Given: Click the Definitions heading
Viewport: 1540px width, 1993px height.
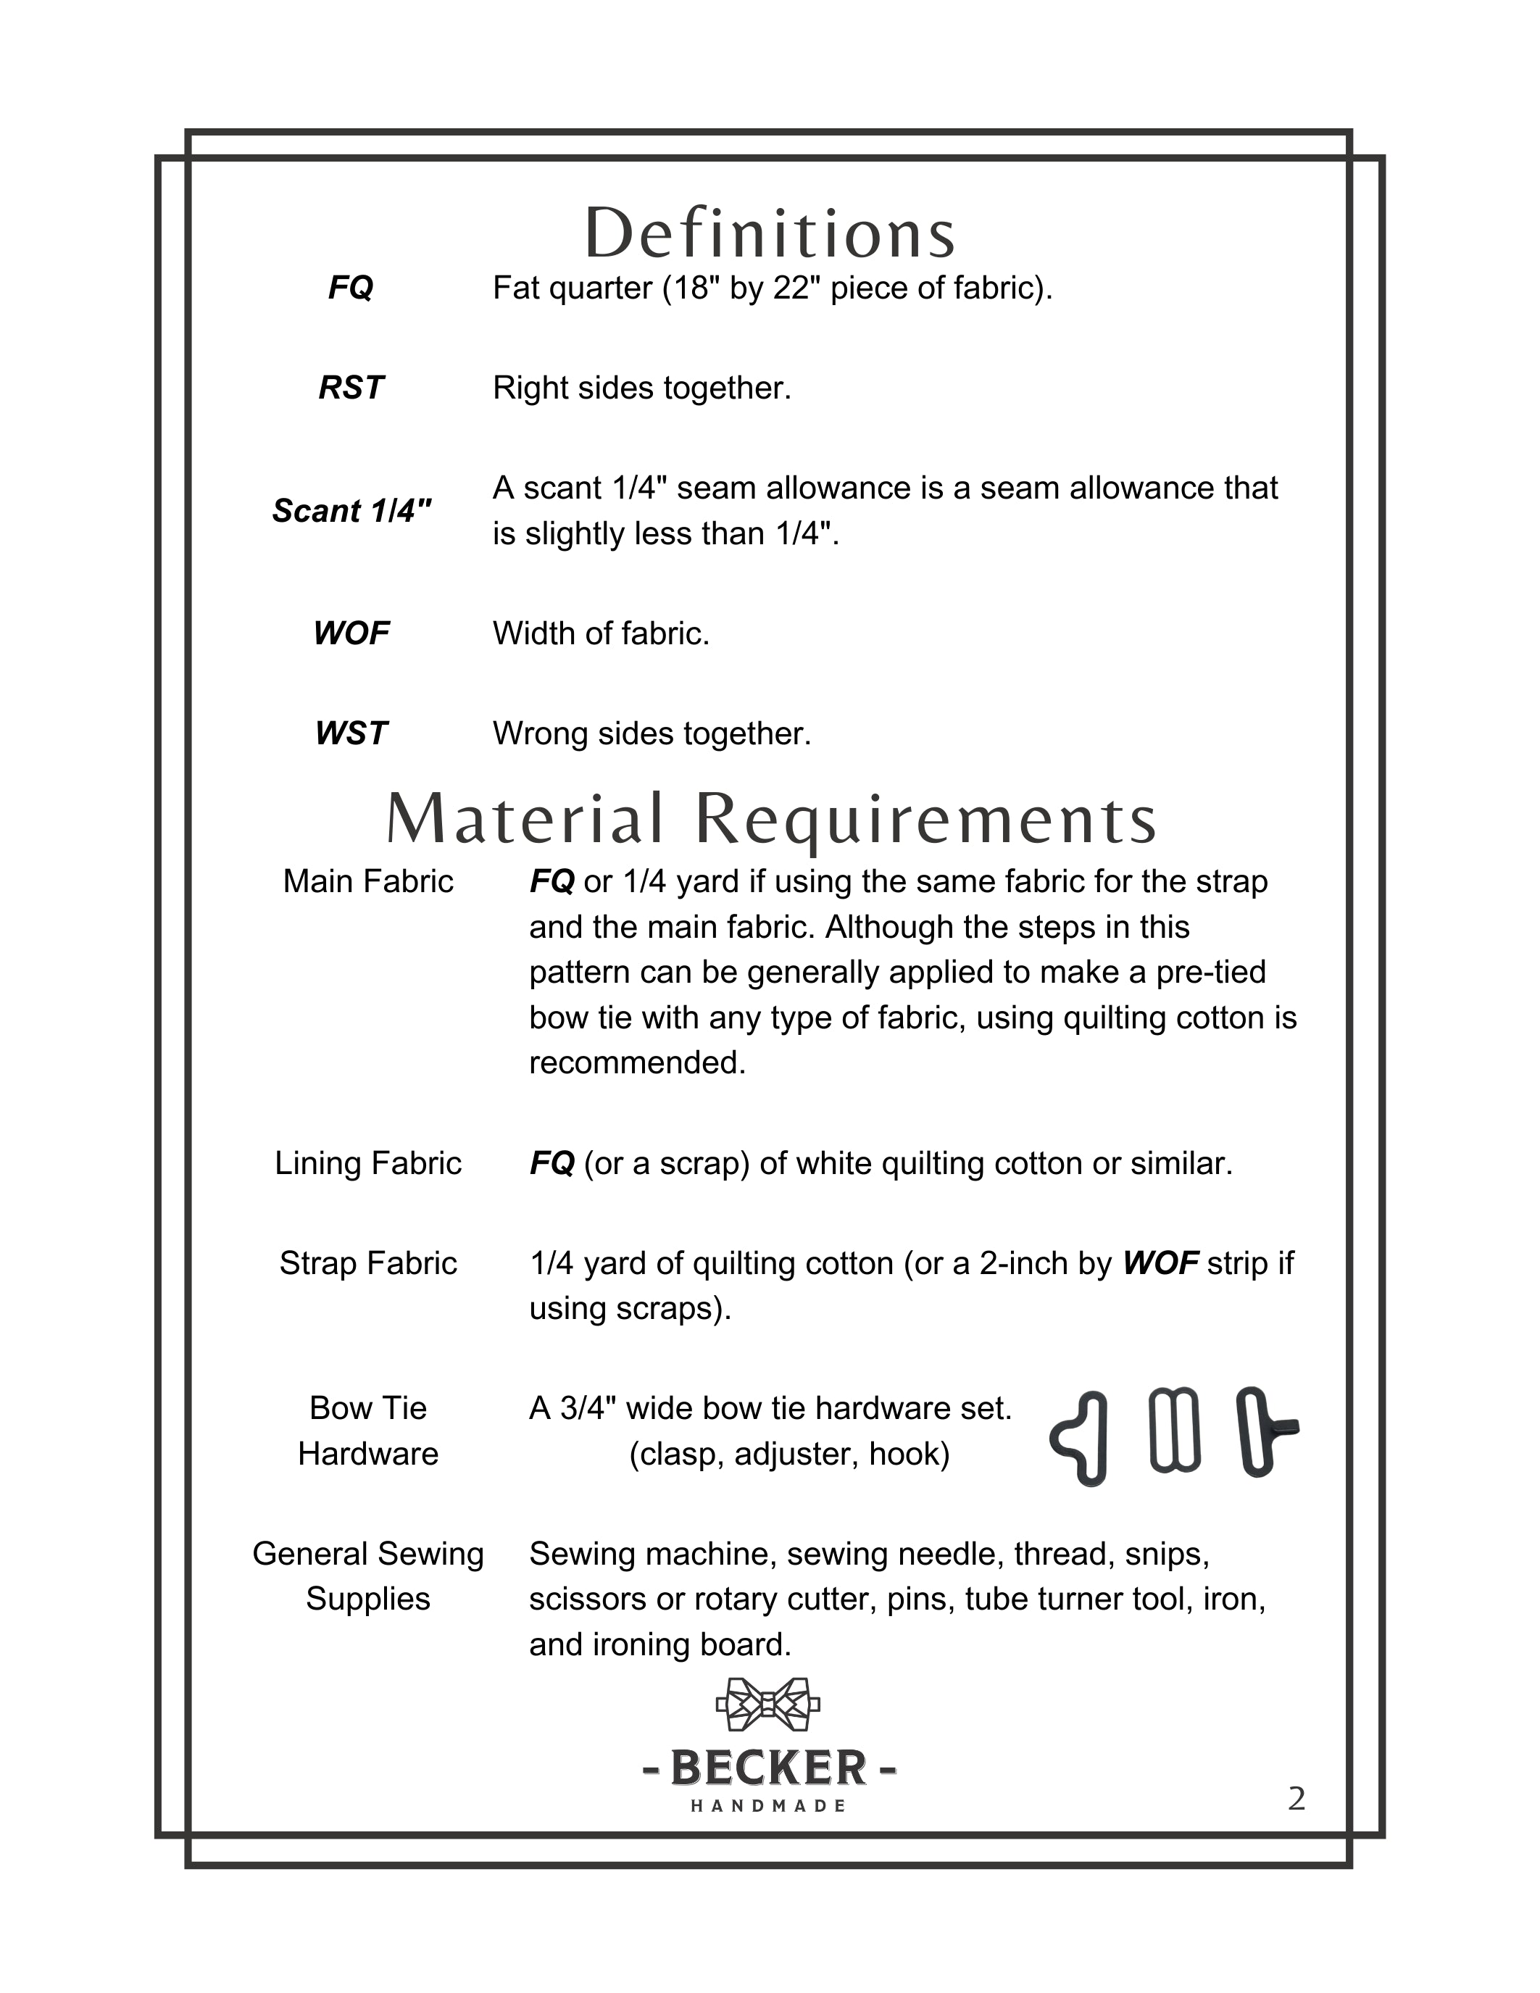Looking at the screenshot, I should coord(770,233).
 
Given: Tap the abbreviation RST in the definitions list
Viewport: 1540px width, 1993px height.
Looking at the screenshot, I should coord(351,388).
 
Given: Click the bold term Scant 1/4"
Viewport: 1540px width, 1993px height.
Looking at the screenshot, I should coord(351,511).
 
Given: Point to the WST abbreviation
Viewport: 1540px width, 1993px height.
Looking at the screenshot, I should coord(351,733).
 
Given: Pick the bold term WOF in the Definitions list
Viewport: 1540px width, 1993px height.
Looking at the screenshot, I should coord(351,633).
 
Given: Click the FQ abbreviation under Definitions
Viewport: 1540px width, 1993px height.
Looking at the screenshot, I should coord(351,288).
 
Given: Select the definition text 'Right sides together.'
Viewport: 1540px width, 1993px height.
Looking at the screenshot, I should coord(642,388).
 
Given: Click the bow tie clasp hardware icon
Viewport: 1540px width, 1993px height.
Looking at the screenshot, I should coord(1081,1439).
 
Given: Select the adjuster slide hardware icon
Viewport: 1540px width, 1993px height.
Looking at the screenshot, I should coord(1174,1430).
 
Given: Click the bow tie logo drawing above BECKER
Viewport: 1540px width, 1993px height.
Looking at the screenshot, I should coord(768,1703).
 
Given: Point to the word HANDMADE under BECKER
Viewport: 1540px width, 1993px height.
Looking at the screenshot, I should coord(769,1806).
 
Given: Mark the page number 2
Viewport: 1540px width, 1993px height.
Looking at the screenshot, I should coord(1296,1799).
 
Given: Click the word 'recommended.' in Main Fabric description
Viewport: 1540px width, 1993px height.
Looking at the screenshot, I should coord(638,1063).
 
